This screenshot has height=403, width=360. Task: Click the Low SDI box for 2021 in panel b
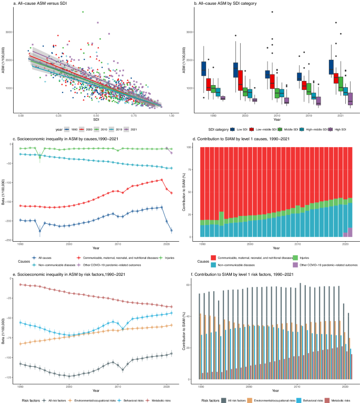331,67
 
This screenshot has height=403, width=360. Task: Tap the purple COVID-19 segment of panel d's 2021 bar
349,232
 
